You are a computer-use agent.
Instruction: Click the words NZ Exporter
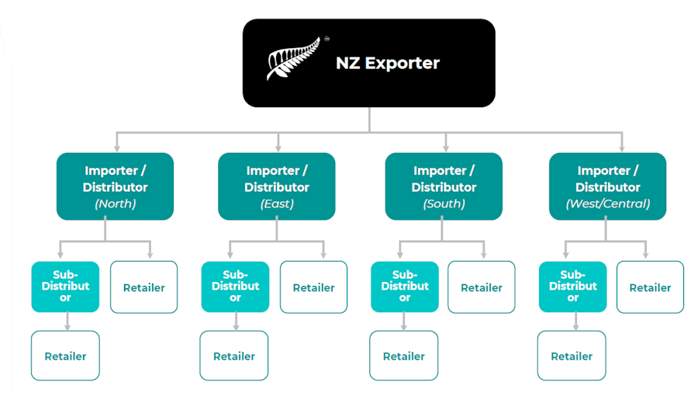coord(387,63)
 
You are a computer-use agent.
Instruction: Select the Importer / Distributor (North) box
coord(115,186)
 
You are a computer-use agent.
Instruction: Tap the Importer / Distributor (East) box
coord(276,186)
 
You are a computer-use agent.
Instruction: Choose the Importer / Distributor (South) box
coord(444,186)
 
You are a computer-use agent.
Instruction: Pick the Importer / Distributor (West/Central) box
coord(607,186)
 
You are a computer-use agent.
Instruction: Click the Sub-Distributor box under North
coord(65,287)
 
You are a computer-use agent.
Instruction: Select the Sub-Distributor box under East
coord(235,287)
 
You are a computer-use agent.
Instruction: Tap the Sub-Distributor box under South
coord(404,287)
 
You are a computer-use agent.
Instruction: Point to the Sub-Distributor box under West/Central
coord(572,287)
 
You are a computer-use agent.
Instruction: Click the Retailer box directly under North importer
coord(143,287)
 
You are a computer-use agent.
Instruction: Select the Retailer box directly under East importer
coord(313,287)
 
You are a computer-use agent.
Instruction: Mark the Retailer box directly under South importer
coord(482,287)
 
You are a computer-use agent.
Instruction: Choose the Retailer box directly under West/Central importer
coord(650,287)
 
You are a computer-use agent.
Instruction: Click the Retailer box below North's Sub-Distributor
coord(65,356)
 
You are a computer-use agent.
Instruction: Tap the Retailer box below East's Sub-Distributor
coord(234,356)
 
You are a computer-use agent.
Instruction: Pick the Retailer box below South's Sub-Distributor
coord(403,356)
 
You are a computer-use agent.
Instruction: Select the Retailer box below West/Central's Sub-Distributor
coord(572,356)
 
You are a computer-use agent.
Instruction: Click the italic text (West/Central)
coord(607,204)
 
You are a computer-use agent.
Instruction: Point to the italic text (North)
coord(115,204)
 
